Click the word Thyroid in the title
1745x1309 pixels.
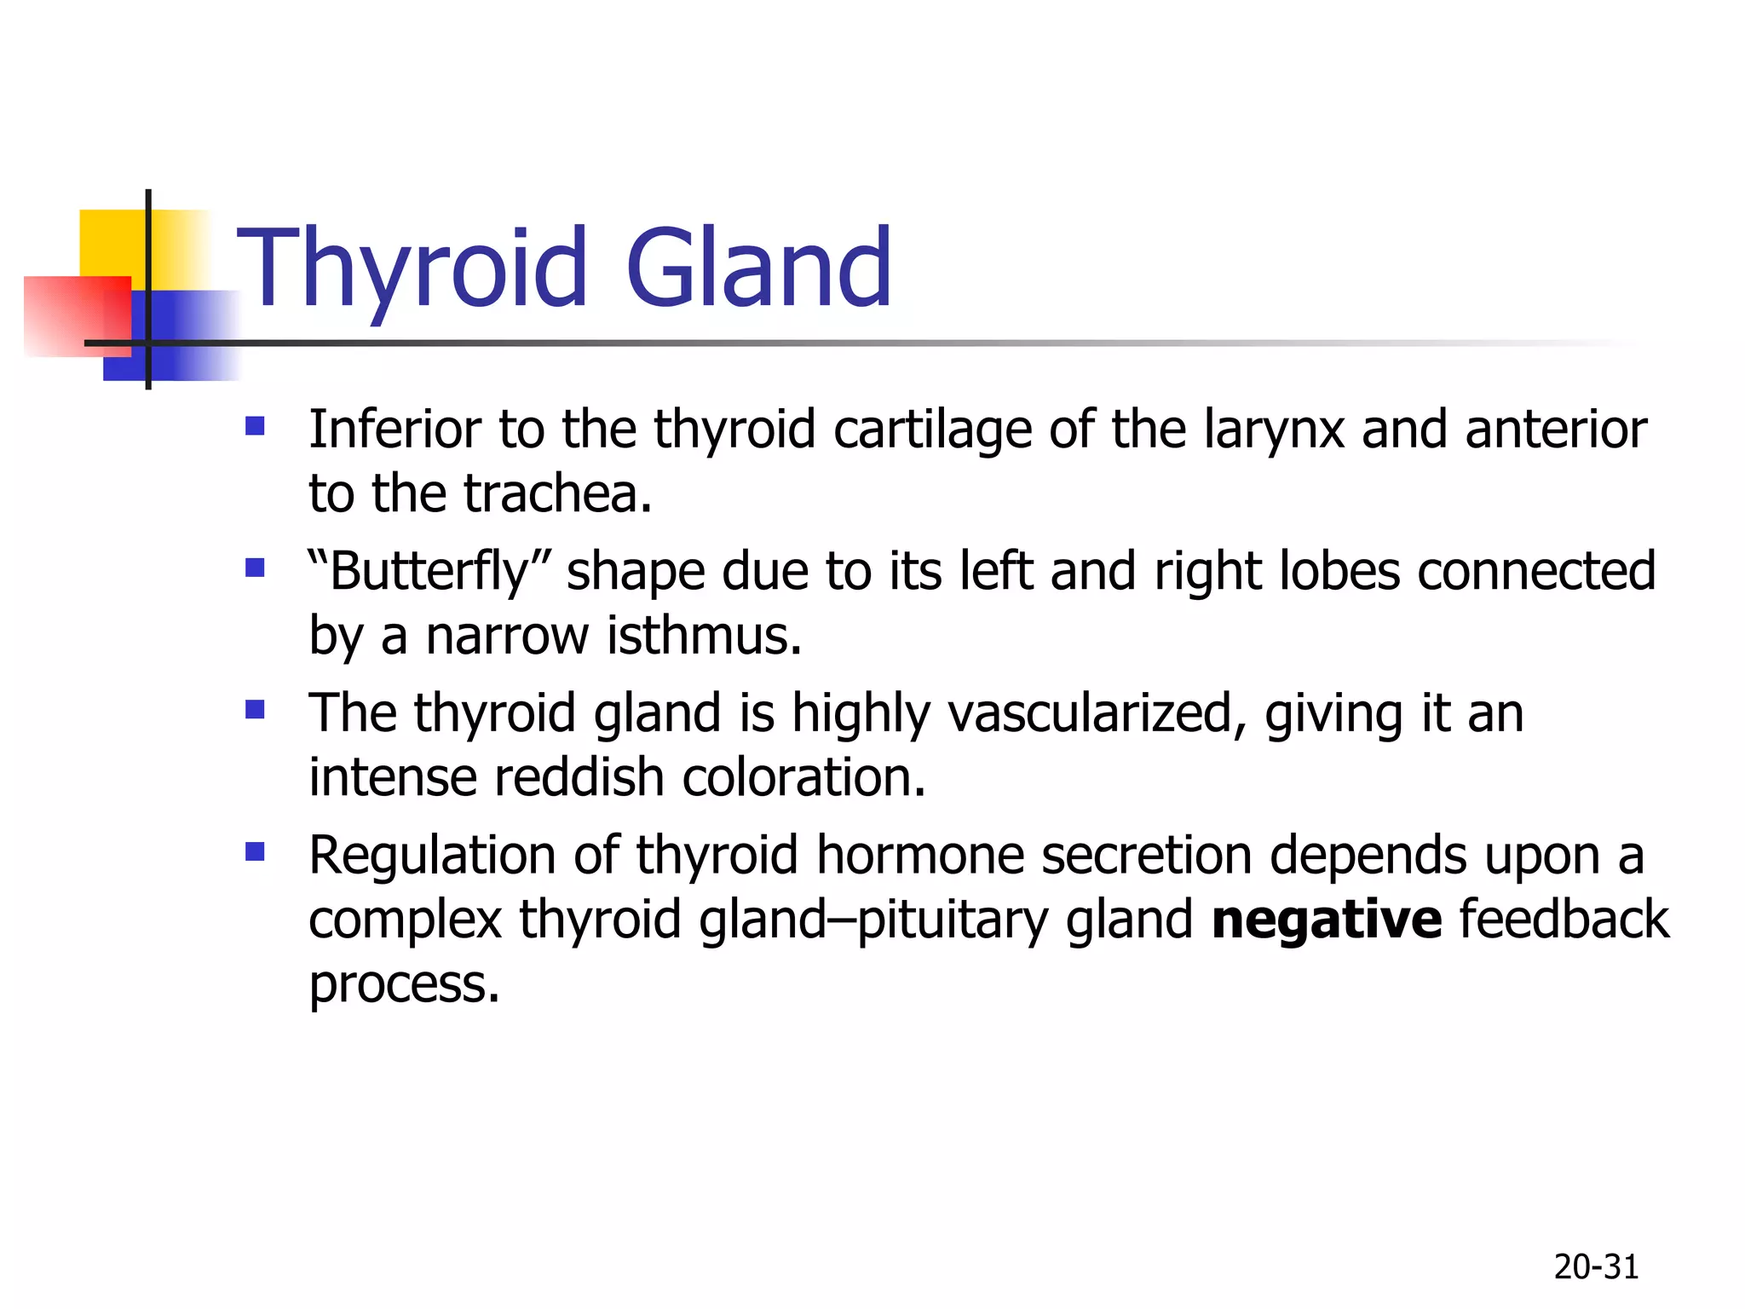point(412,268)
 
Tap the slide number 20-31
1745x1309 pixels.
point(1596,1267)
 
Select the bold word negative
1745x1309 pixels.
point(1326,920)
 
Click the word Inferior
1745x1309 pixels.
point(394,429)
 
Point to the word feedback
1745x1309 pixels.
point(1564,920)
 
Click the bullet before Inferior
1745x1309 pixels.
point(255,425)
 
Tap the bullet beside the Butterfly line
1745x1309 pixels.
point(255,568)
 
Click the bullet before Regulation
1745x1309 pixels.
point(255,851)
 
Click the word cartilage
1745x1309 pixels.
point(932,430)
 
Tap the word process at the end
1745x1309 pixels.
point(403,985)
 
